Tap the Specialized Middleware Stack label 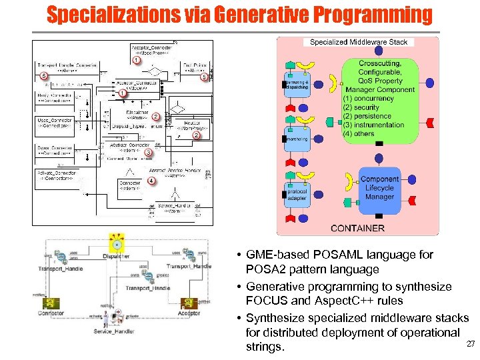tap(359, 42)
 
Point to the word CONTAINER tap(357, 228)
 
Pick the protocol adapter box tap(296, 193)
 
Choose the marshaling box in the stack tap(296, 139)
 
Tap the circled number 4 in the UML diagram tap(151, 181)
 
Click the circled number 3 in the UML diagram tap(149, 153)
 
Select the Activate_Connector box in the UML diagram tap(55, 175)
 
